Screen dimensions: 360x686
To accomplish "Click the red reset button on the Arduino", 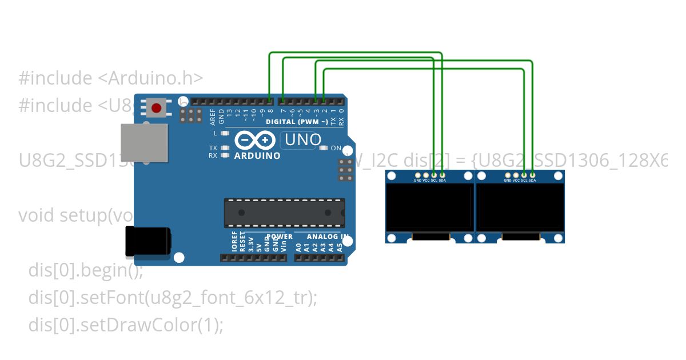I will click(155, 107).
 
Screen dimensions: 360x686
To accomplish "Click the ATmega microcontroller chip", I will click(284, 213).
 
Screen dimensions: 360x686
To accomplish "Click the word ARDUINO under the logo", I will click(257, 155).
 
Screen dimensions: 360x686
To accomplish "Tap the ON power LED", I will click(324, 148).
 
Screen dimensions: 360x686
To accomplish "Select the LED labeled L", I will click(225, 133).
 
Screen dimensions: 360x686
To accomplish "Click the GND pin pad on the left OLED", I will click(418, 175).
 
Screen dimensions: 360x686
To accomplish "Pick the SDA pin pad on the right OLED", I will click(532, 175).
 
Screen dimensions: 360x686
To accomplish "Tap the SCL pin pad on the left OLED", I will click(434, 175).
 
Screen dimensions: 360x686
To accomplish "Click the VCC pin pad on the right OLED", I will click(516, 175).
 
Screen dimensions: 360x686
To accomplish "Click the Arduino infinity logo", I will click(254, 141).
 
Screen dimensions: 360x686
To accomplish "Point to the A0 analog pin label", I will click(298, 247).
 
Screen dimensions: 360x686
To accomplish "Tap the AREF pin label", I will click(213, 116).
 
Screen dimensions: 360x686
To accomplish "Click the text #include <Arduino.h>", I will click(110, 78).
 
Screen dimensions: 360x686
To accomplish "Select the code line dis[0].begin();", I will click(86, 270).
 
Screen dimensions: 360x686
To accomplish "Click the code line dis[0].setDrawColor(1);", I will click(126, 325).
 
